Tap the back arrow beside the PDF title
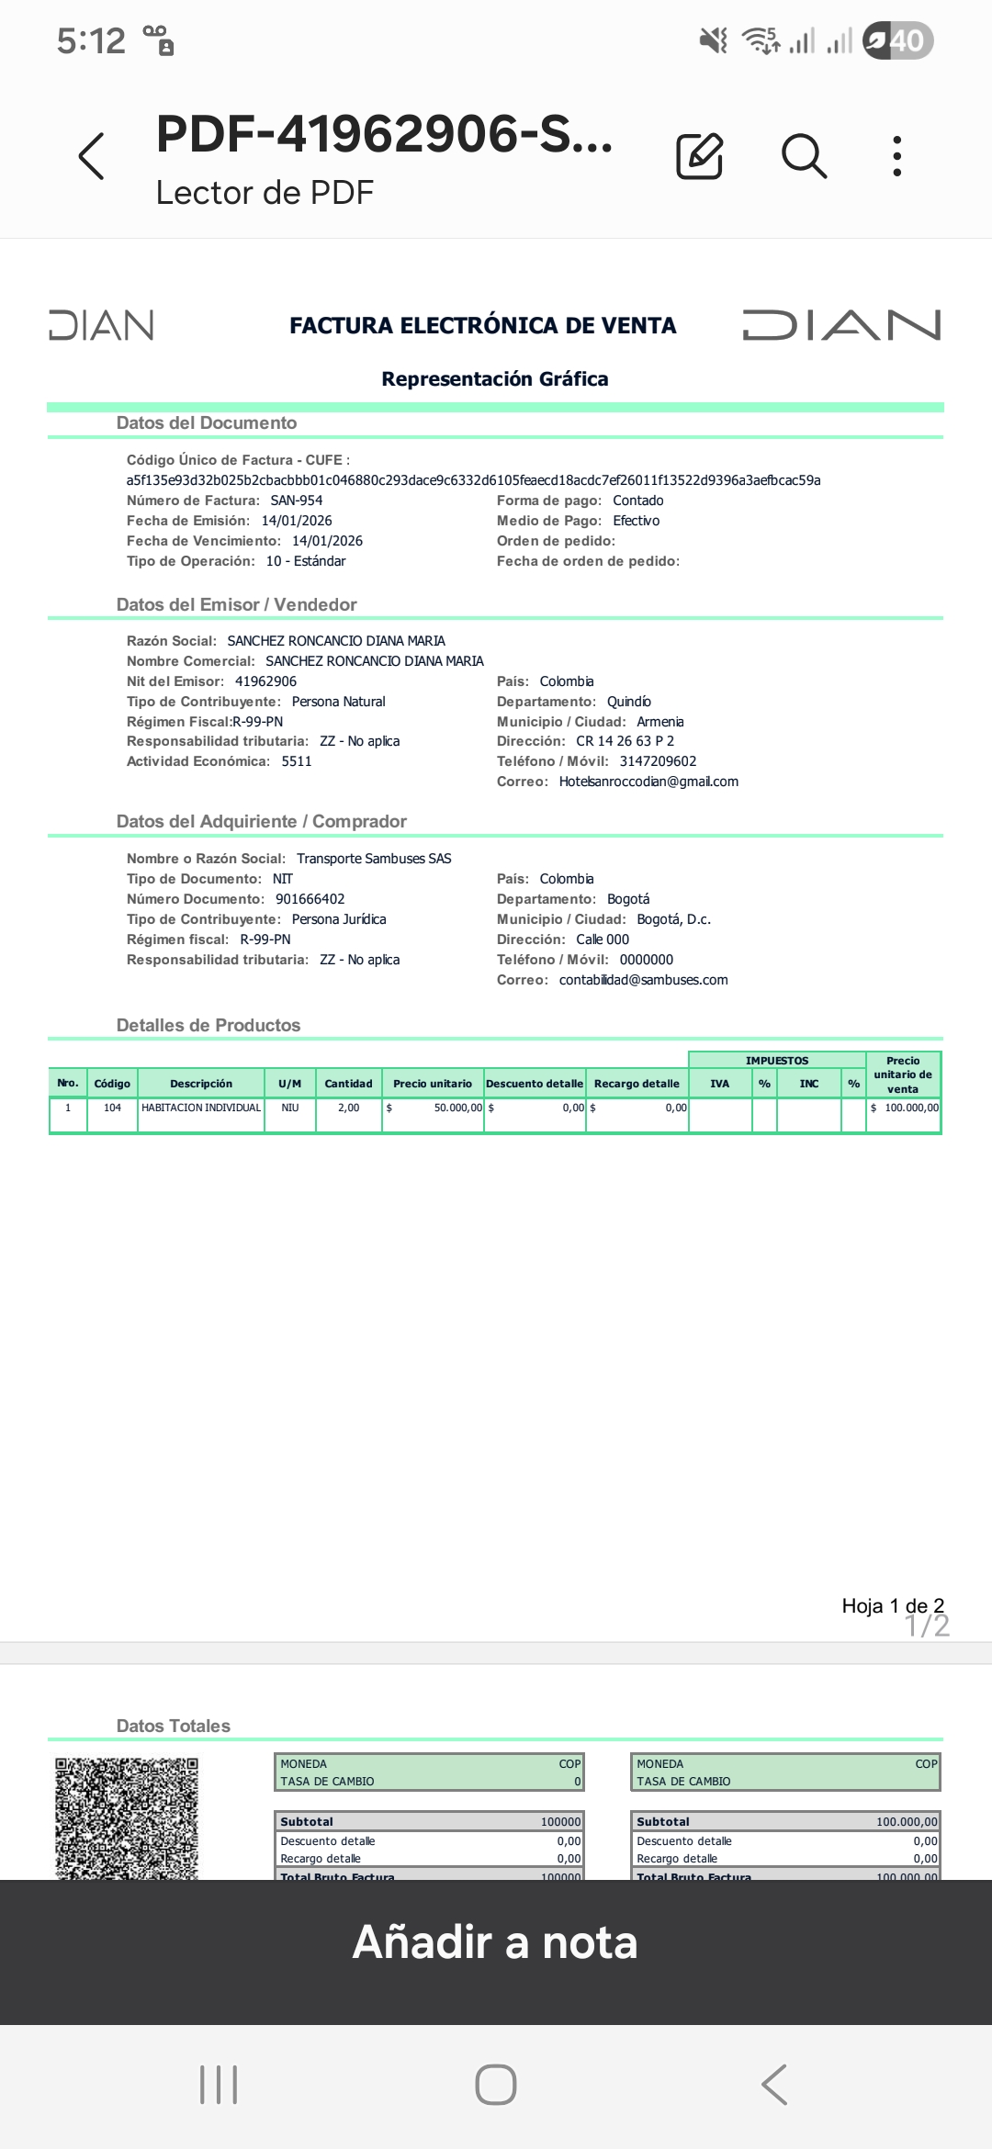[92, 156]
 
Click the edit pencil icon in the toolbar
[699, 155]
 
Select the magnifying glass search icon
[804, 155]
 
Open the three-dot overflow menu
[897, 156]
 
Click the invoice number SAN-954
[296, 501]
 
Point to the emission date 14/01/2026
[297, 521]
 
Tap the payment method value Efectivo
[636, 521]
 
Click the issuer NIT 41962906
[265, 681]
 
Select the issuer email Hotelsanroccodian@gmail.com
[648, 782]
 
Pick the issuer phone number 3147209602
[658, 761]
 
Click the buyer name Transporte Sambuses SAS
[374, 859]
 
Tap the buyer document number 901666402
[310, 899]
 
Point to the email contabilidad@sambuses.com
[643, 980]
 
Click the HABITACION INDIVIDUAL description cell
[201, 1108]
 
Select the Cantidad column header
[348, 1084]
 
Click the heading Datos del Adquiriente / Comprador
[261, 821]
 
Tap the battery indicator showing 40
[898, 40]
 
